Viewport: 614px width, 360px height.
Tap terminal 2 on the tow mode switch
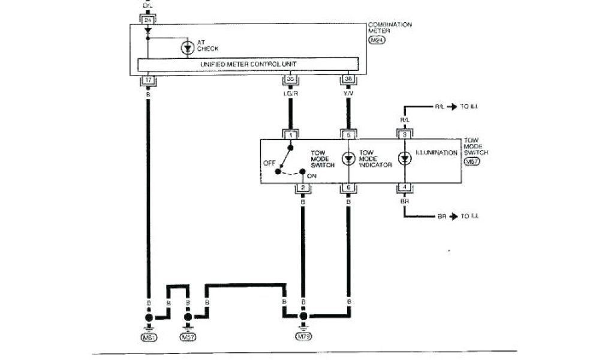(303, 188)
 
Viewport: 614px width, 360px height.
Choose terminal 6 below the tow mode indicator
(348, 188)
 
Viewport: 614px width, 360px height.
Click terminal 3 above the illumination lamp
(405, 136)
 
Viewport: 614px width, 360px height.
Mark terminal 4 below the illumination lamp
(405, 188)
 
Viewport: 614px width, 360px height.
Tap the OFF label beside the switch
(269, 162)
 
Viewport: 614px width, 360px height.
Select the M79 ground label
(303, 338)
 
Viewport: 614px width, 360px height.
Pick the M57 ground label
(188, 338)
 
